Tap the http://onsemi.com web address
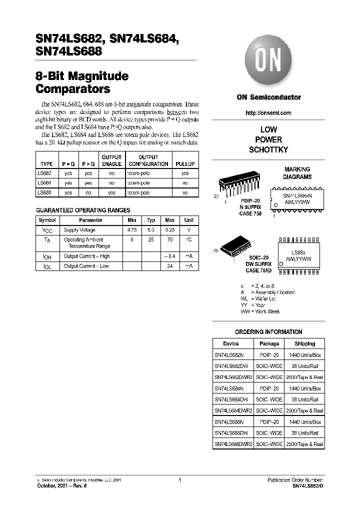(x=268, y=113)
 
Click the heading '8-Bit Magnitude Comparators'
(x=82, y=83)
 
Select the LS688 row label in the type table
(x=44, y=192)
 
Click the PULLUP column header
(x=185, y=164)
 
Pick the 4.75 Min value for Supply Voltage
(x=132, y=230)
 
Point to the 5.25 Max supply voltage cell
(x=170, y=230)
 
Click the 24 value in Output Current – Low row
(x=170, y=266)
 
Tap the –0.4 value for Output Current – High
(x=170, y=256)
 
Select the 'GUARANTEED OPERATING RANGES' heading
(x=83, y=210)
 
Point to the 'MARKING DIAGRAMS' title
(x=297, y=173)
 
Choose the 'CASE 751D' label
(x=258, y=270)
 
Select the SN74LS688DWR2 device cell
(x=233, y=444)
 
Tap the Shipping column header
(x=304, y=344)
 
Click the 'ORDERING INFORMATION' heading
(x=268, y=332)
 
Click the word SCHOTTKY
(x=268, y=150)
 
